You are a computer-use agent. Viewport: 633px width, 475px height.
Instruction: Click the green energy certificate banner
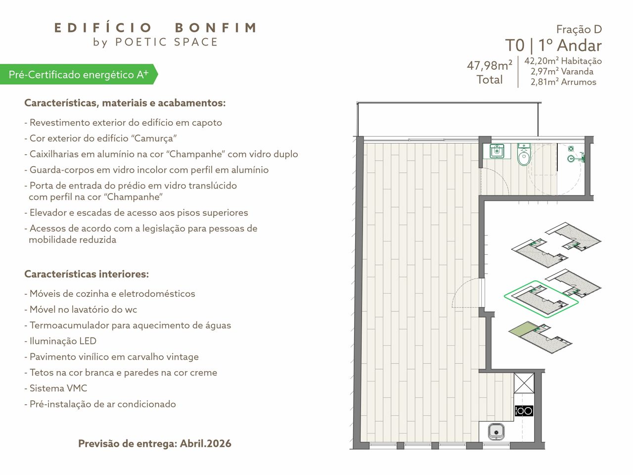pyautogui.click(x=79, y=74)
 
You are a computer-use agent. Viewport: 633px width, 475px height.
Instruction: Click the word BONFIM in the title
pyautogui.click(x=216, y=28)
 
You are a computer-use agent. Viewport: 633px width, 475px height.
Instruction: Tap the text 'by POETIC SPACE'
pyautogui.click(x=155, y=42)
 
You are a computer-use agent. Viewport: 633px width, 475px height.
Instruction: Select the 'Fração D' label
pyautogui.click(x=579, y=29)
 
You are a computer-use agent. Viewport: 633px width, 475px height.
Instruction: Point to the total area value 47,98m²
pyautogui.click(x=490, y=65)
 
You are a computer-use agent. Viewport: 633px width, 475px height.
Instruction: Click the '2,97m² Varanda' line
pyautogui.click(x=562, y=72)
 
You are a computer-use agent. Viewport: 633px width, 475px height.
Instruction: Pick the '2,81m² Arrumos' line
pyautogui.click(x=563, y=82)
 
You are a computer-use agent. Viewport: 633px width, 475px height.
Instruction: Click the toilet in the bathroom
pyautogui.click(x=524, y=155)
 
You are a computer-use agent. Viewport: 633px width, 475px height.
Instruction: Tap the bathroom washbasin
pyautogui.click(x=497, y=151)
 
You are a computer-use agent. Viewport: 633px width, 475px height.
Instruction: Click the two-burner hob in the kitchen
pyautogui.click(x=524, y=411)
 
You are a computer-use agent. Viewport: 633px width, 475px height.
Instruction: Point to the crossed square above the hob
pyautogui.click(x=524, y=382)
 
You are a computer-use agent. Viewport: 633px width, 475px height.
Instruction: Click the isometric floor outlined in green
pyautogui.click(x=542, y=299)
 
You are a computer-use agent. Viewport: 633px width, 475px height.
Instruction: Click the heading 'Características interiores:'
pyautogui.click(x=87, y=274)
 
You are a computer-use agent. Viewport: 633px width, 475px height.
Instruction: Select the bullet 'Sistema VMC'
pyautogui.click(x=56, y=388)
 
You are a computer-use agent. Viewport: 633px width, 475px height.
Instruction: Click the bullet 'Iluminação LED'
pyautogui.click(x=60, y=341)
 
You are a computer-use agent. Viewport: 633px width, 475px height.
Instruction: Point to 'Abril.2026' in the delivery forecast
pyautogui.click(x=206, y=443)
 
